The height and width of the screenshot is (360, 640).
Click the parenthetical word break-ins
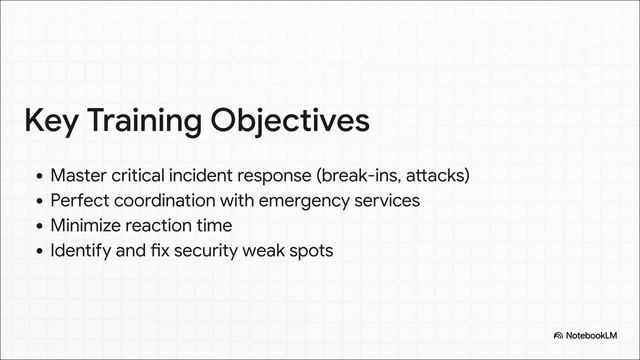(355, 176)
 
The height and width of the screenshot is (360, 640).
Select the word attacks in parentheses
(435, 176)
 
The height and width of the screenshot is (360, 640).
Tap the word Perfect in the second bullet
(78, 200)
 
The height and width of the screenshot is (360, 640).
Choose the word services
(385, 200)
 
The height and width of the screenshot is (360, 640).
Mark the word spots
(310, 250)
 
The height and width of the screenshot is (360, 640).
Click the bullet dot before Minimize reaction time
(39, 226)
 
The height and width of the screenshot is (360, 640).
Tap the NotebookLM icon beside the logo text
(559, 336)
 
